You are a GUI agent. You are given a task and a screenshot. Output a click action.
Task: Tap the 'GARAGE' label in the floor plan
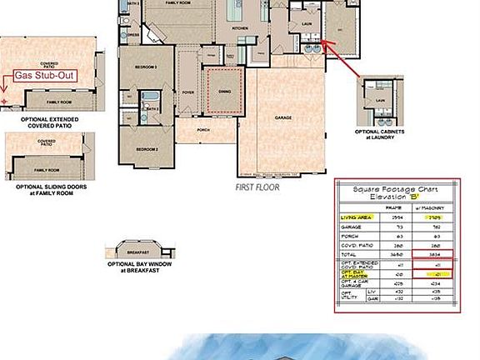(x=283, y=118)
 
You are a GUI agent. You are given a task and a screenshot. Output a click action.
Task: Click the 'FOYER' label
(x=188, y=92)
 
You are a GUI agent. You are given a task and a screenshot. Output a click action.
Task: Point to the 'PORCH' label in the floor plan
(x=203, y=130)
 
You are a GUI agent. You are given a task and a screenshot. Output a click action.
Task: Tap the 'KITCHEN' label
(x=240, y=27)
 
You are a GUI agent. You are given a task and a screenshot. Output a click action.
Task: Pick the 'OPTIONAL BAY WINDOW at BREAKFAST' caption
(x=138, y=267)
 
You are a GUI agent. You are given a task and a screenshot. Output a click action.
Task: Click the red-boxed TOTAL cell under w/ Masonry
(x=436, y=254)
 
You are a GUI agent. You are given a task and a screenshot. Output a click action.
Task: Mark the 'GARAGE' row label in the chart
(x=352, y=226)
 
